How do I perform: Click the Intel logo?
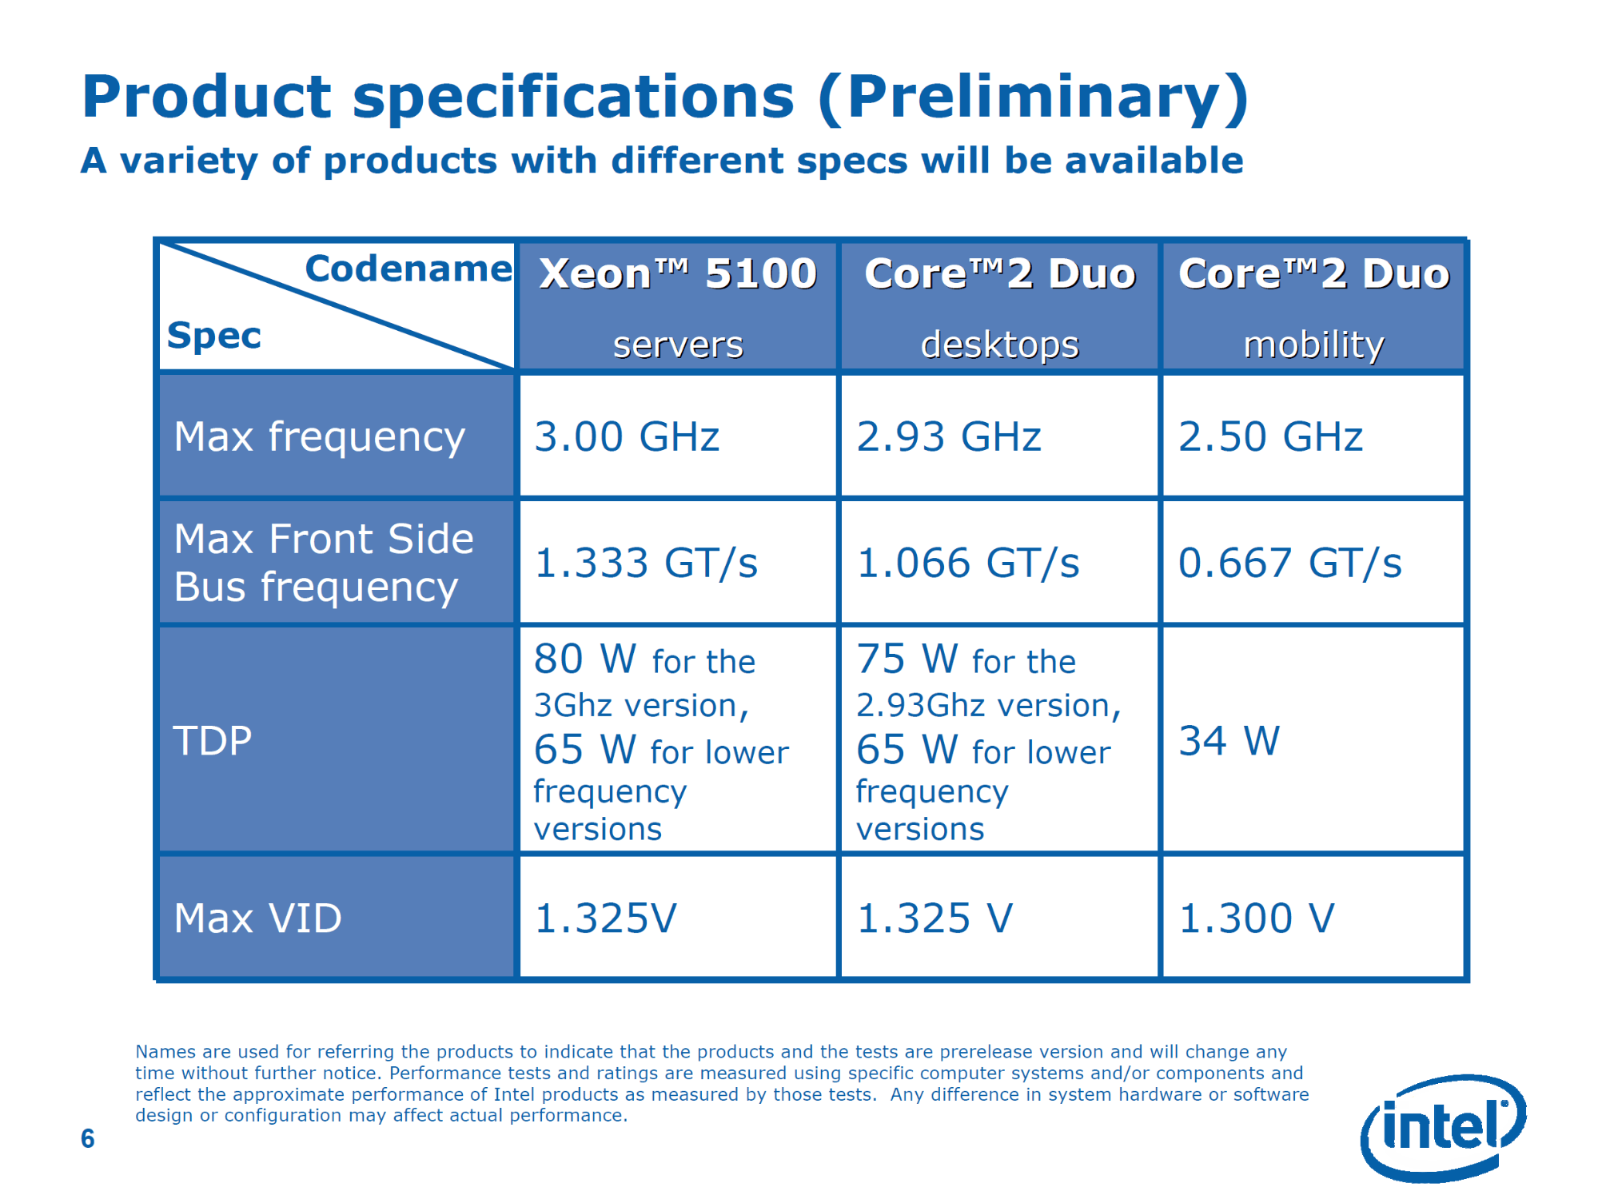point(1444,1128)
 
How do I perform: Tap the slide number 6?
point(88,1138)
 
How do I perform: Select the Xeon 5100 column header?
point(678,273)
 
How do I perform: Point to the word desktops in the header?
point(999,345)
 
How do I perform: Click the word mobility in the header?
point(1313,345)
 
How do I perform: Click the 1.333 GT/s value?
point(646,563)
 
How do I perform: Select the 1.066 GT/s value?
point(968,563)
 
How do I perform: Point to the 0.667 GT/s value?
point(1290,563)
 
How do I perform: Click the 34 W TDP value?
point(1229,741)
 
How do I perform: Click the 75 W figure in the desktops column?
point(907,659)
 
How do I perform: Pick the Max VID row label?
point(257,918)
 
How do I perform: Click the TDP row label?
point(213,741)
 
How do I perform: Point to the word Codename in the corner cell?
point(408,269)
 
